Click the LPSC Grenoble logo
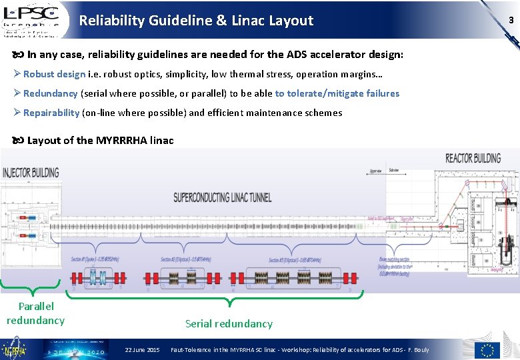tap(35, 19)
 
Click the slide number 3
tap(511, 20)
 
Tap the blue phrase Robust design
tap(54, 74)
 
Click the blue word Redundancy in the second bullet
tap(51, 93)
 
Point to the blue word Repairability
tap(51, 113)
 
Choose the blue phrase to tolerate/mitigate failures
tap(337, 93)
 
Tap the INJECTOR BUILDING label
tap(31, 172)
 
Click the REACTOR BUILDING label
tap(473, 158)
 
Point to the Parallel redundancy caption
tap(36, 313)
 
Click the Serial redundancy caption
tap(229, 323)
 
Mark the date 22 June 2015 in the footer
tap(142, 350)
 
